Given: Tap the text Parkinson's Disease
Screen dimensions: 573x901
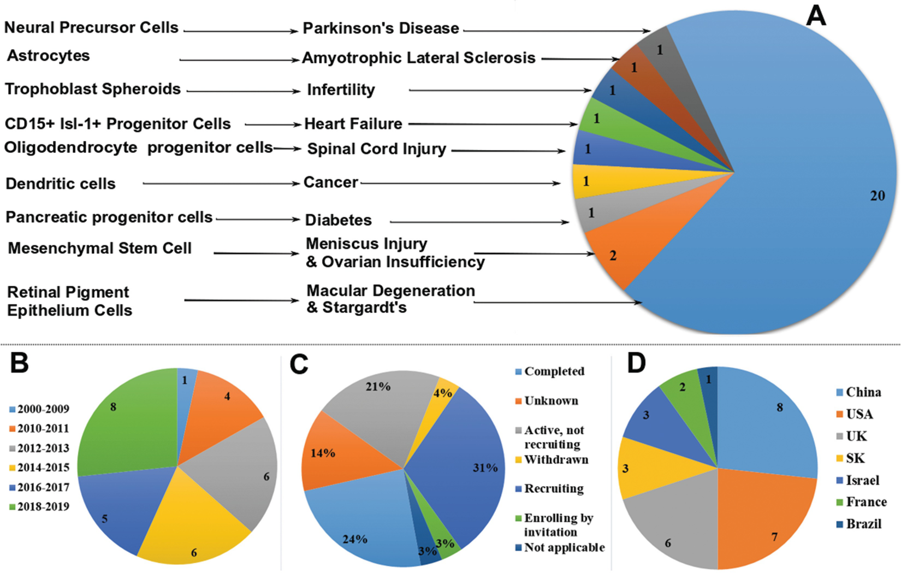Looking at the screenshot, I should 381,28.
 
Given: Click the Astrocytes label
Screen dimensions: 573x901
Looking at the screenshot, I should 48,56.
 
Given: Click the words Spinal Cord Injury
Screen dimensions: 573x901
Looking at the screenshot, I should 377,149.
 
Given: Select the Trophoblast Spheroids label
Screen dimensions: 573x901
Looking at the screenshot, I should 93,89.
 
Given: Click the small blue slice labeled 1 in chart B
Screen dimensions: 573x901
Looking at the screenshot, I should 186,382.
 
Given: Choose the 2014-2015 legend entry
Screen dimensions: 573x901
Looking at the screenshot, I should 43,468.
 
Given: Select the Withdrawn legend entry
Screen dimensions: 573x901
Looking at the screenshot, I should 556,460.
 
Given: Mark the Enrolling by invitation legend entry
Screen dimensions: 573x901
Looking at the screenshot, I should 558,525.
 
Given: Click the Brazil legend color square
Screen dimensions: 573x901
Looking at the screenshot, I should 840,524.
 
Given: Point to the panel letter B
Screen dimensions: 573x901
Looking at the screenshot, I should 19,363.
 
